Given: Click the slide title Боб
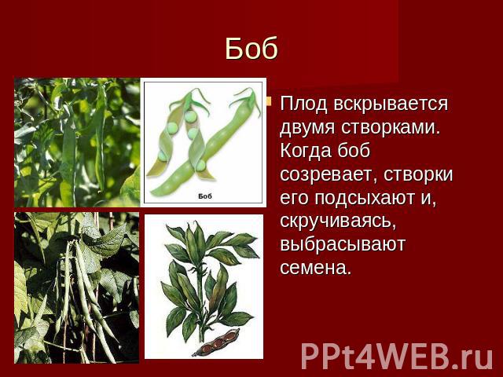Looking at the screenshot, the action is pos(251,49).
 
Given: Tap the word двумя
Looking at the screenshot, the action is pos(307,128).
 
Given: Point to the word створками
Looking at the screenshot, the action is pos(391,127).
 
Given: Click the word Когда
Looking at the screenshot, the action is pos(306,151).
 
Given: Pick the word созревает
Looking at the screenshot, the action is pos(328,175).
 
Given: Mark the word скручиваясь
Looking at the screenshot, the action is pos(338,221).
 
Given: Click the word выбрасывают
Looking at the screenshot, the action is pos(343,244).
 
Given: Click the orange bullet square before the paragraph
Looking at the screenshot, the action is pos(269,102).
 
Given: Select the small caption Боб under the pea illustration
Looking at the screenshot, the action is pos(205,196).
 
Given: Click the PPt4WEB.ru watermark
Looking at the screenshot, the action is pos(397,357).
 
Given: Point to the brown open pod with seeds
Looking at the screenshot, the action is pos(216,342).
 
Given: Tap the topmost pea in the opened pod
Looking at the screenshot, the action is pos(190,115).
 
